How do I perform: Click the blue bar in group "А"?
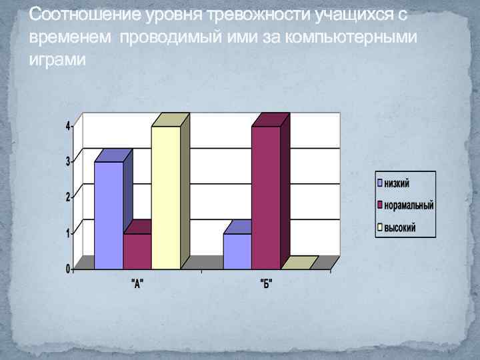tap(109, 215)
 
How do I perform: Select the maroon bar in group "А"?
tap(137, 251)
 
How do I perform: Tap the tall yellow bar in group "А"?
tap(165, 197)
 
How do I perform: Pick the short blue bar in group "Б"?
tap(237, 251)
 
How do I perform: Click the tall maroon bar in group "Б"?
tap(266, 197)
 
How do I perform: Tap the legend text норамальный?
tap(409, 205)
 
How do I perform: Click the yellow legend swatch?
tap(380, 228)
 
